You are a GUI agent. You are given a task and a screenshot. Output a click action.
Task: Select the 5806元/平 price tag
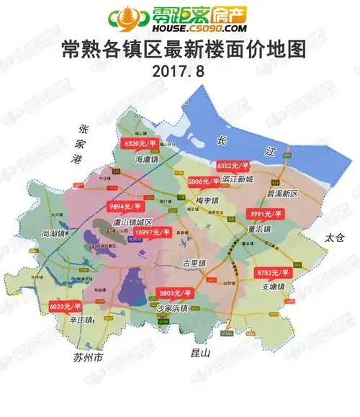pyautogui.click(x=204, y=181)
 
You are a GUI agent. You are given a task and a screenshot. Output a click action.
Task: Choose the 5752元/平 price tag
pyautogui.click(x=273, y=274)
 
